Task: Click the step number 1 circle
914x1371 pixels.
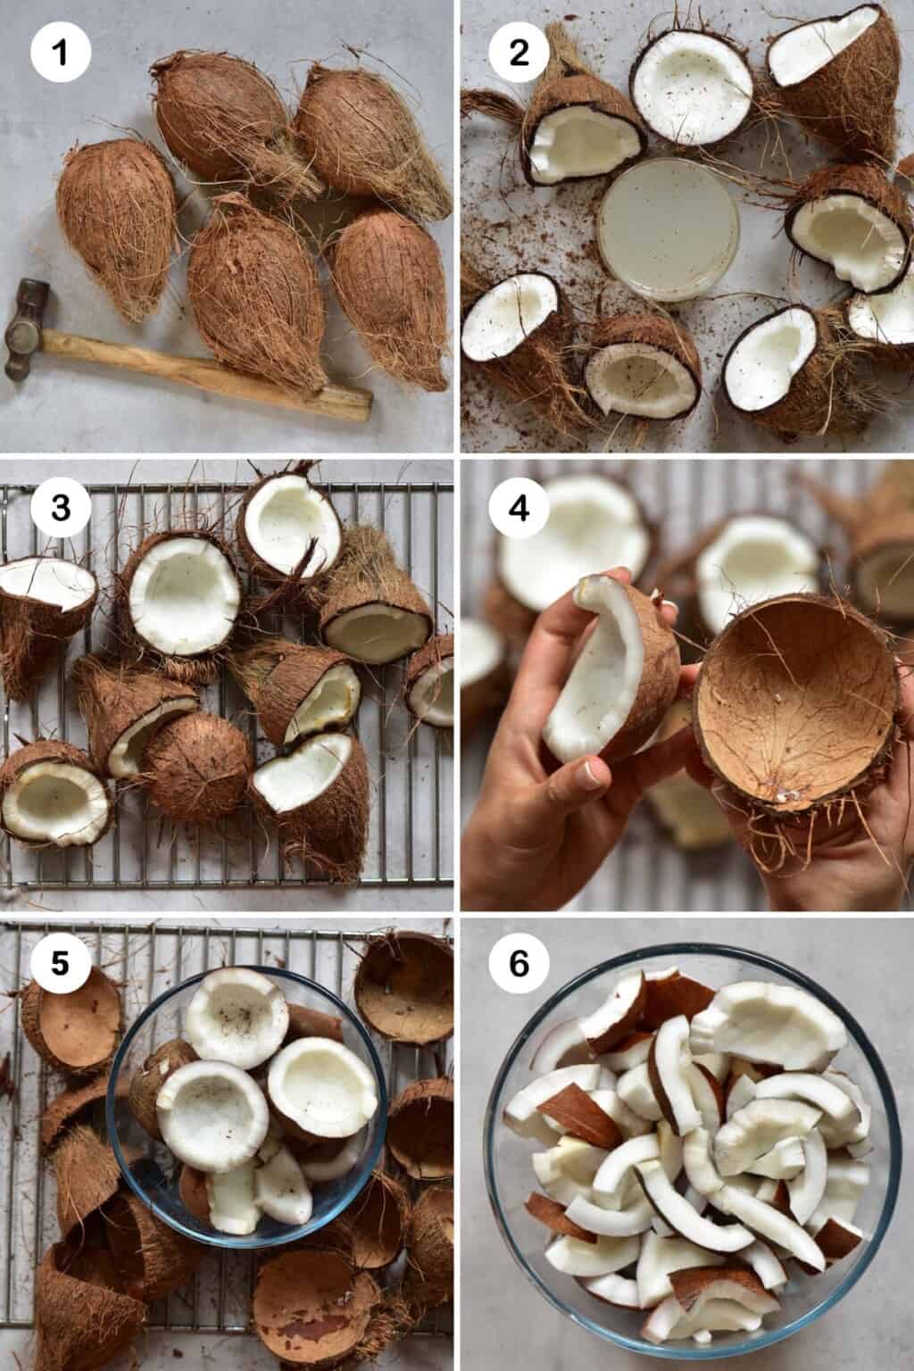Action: click(61, 52)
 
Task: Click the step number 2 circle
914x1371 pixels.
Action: click(519, 52)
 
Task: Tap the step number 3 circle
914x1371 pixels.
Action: click(61, 508)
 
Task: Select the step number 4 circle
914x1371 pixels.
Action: click(519, 508)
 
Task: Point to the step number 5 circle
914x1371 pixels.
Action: click(61, 965)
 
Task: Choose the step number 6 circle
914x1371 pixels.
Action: click(519, 965)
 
